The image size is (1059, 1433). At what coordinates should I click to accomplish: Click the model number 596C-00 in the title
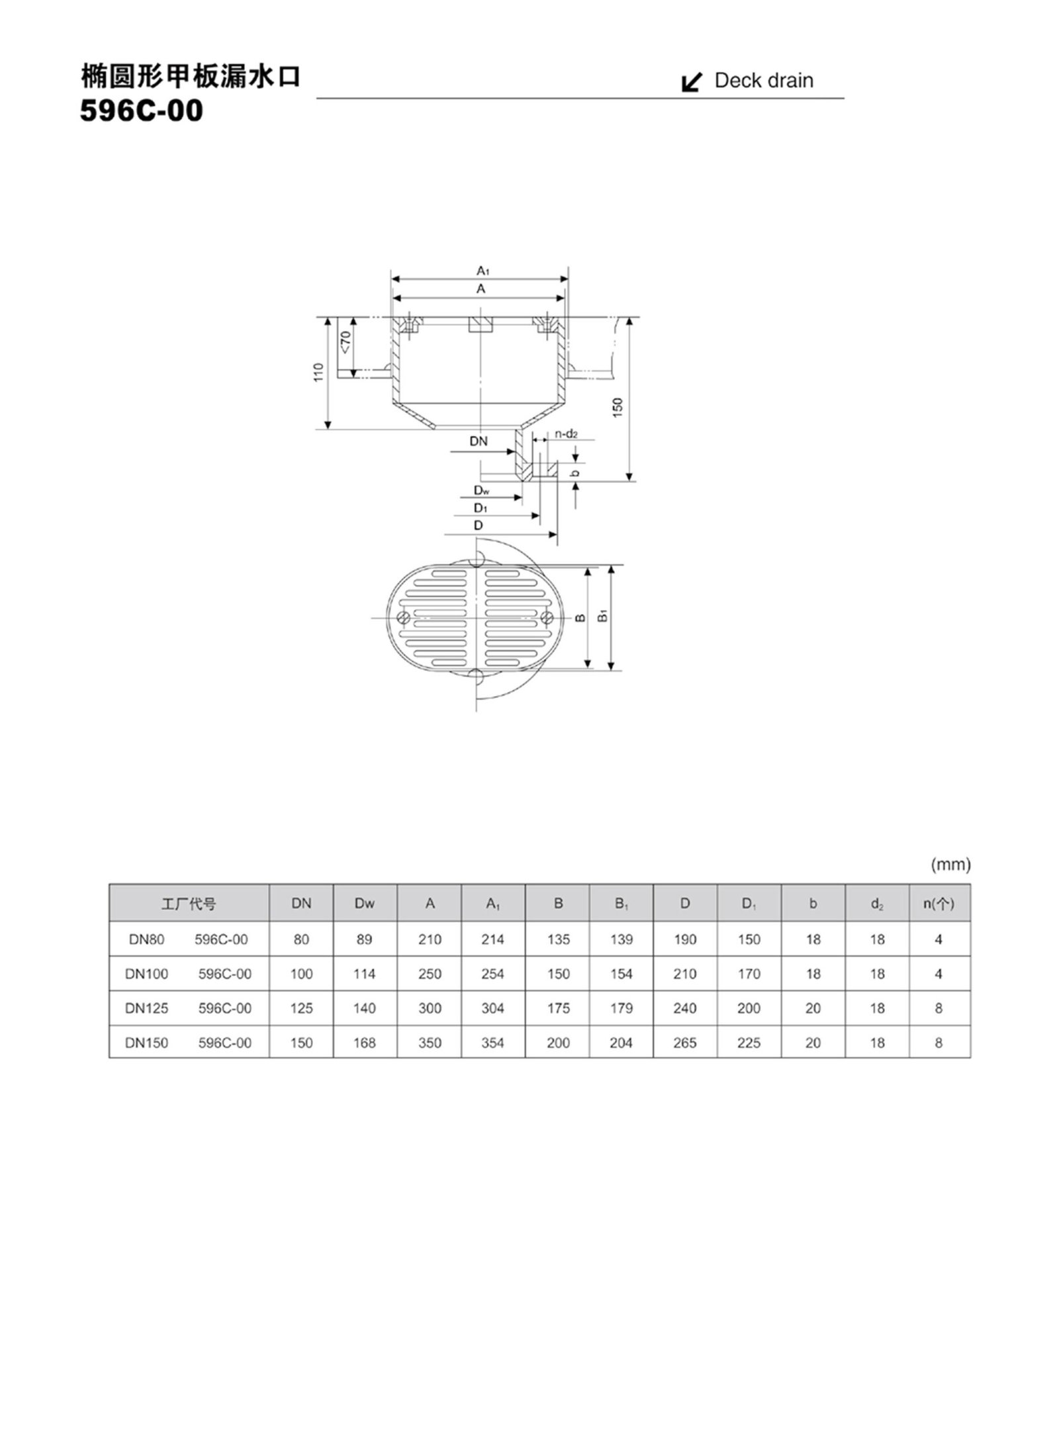[x=141, y=110]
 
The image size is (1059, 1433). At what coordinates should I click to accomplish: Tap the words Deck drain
[x=764, y=81]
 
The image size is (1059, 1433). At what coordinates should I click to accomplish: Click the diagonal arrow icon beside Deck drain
[x=692, y=82]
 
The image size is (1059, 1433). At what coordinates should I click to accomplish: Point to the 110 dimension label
[x=319, y=372]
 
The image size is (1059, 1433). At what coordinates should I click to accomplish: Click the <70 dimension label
[x=347, y=342]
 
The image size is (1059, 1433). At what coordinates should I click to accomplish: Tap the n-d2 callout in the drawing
[x=567, y=434]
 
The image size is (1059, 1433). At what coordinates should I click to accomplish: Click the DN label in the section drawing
[x=479, y=441]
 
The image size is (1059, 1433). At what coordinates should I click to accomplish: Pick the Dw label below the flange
[x=481, y=490]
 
